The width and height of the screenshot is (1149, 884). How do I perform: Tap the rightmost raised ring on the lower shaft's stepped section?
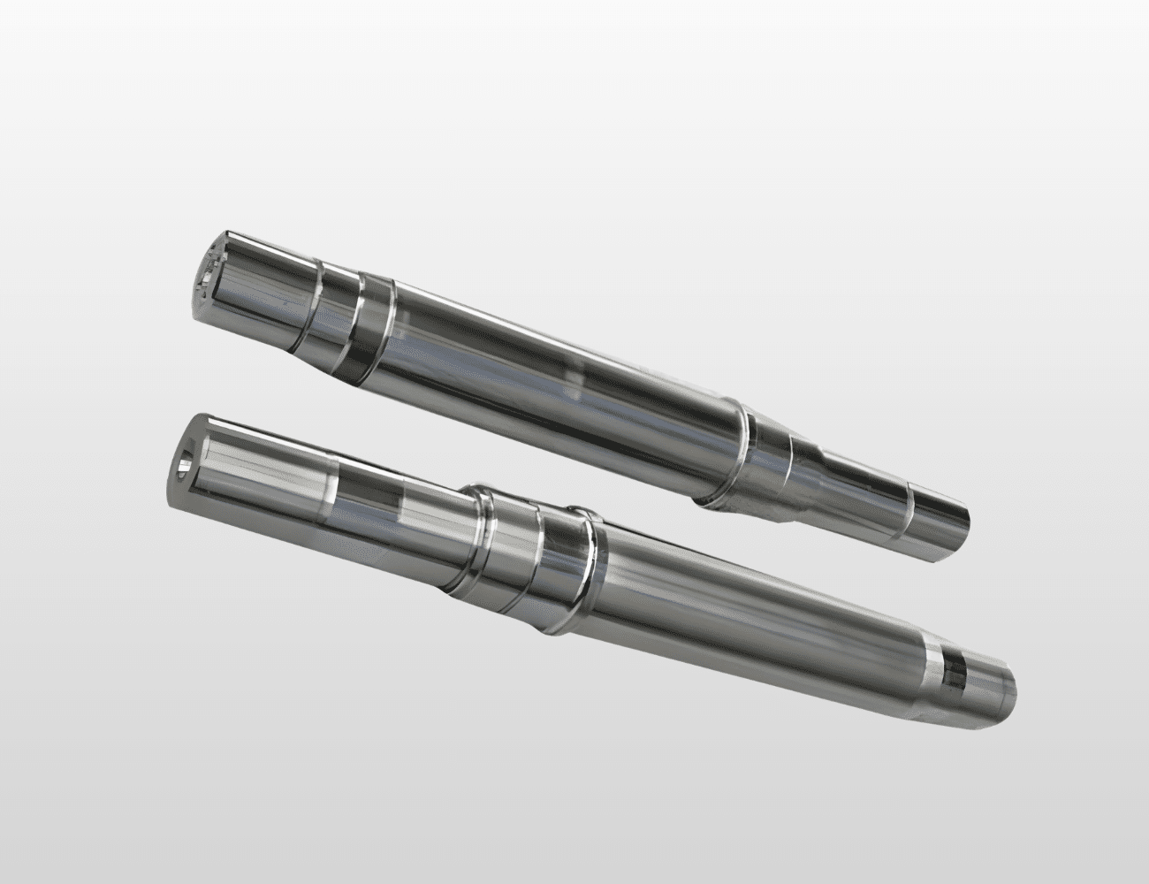(588, 570)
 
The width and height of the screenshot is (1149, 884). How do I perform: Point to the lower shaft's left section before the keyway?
(256, 477)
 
